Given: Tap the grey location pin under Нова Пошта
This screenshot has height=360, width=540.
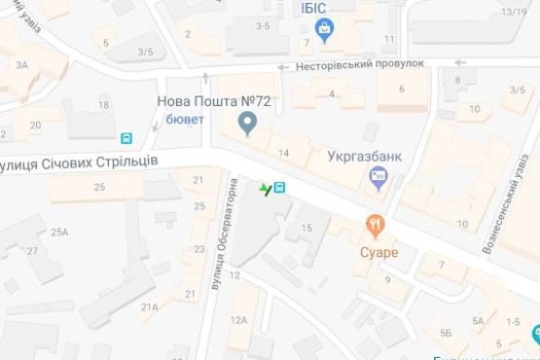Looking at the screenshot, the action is coord(247,124).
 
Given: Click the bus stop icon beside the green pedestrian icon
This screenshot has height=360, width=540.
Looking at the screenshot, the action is coord(279,187).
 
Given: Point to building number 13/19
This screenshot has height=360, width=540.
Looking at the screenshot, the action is coord(515,12).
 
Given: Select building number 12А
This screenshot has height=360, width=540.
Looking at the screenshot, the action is coord(239,320).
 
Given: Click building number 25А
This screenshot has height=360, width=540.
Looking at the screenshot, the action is coord(60,232).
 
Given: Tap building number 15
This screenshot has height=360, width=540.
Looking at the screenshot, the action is coord(306,228).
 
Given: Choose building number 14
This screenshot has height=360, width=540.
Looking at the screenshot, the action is coord(284,154).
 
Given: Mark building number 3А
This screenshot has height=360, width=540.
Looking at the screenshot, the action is coord(22,64).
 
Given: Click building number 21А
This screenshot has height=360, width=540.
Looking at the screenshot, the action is coord(149,307).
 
